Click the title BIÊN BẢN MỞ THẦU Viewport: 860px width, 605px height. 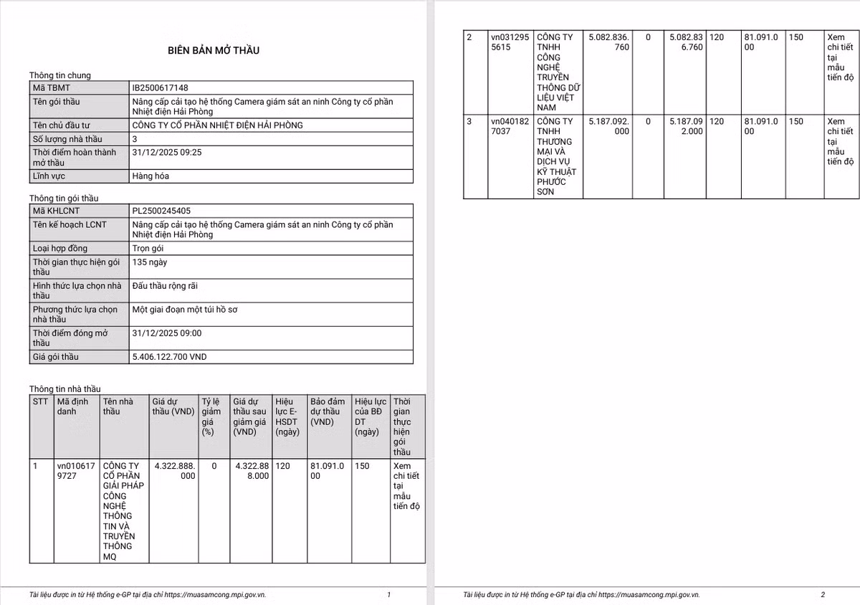click(x=214, y=50)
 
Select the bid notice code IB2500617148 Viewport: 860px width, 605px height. click(x=161, y=87)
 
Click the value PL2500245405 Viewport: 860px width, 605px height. click(x=161, y=211)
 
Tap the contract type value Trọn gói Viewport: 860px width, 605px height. click(x=148, y=248)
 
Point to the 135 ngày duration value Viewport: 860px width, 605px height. click(x=150, y=262)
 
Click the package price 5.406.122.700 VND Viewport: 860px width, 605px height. click(x=170, y=356)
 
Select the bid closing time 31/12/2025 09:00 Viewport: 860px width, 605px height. click(x=167, y=333)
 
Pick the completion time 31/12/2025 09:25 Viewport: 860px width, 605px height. click(x=167, y=153)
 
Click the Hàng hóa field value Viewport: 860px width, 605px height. click(x=150, y=176)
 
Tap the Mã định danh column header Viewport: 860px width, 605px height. click(x=72, y=406)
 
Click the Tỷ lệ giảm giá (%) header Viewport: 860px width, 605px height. click(x=210, y=416)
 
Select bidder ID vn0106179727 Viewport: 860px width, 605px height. click(x=75, y=471)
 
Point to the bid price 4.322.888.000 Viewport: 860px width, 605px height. click(x=174, y=471)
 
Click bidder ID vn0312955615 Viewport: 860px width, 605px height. click(x=510, y=42)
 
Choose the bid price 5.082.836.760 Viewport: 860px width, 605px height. click(x=608, y=42)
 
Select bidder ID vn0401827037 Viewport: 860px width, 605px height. click(x=510, y=126)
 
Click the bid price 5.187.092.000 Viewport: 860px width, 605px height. click(x=608, y=126)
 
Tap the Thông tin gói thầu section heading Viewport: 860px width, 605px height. click(x=64, y=198)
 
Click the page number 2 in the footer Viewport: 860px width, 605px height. click(x=823, y=594)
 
